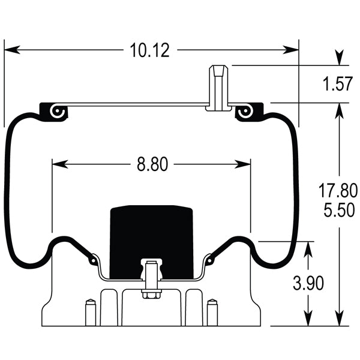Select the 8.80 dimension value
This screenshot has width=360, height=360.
tap(152, 164)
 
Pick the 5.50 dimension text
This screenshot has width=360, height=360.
tap(337, 210)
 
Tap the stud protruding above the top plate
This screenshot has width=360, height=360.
tap(218, 88)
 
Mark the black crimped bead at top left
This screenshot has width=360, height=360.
tap(53, 112)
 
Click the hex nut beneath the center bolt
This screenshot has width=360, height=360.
tap(150, 294)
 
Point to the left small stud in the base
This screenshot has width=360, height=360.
tap(90, 312)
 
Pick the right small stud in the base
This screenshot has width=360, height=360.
tap(211, 312)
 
